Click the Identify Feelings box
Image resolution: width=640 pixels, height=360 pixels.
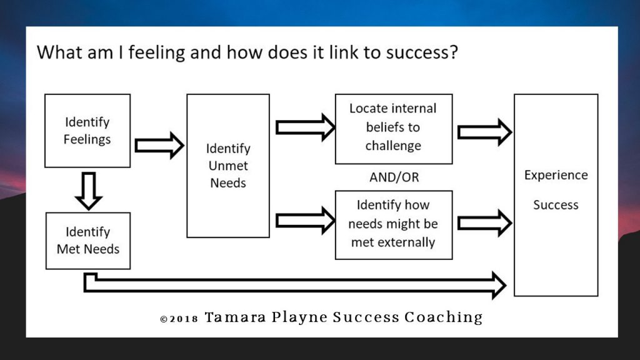pyautogui.click(x=87, y=131)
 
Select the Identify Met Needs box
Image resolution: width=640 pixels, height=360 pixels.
pyautogui.click(x=88, y=241)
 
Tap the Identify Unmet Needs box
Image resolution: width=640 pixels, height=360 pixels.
pyautogui.click(x=228, y=166)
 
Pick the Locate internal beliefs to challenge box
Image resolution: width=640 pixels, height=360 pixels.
pyautogui.click(x=393, y=127)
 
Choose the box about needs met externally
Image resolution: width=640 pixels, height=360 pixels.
pyautogui.click(x=393, y=224)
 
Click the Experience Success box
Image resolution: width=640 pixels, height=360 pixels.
pyautogui.click(x=556, y=194)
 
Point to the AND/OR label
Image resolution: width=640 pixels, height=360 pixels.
pyautogui.click(x=394, y=177)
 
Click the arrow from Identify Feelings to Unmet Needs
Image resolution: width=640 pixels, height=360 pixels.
pyautogui.click(x=159, y=145)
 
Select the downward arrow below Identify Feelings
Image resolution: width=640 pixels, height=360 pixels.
pyautogui.click(x=88, y=191)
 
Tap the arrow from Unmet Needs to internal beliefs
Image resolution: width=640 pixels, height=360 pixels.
pyautogui.click(x=305, y=127)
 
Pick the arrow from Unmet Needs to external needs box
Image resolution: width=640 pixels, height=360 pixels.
pyautogui.click(x=305, y=220)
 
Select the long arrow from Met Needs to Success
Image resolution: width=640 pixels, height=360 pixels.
pyautogui.click(x=294, y=285)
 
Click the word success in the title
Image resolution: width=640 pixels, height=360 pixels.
pyautogui.click(x=419, y=52)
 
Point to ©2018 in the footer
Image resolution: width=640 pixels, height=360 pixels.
pyautogui.click(x=179, y=318)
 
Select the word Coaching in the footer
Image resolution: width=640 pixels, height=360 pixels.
pyautogui.click(x=444, y=317)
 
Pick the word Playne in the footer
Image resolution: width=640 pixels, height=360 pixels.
pyautogui.click(x=299, y=317)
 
